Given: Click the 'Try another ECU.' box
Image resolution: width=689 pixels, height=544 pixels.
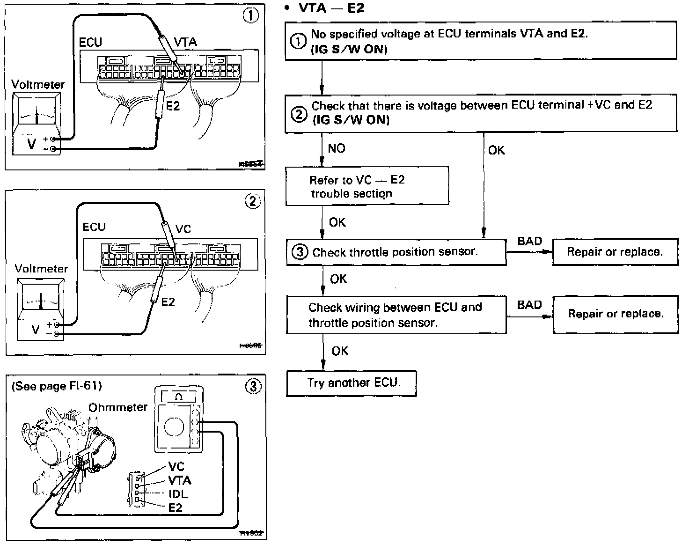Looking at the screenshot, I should point(351,383).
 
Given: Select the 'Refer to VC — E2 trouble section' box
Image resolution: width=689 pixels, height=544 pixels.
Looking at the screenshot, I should point(367,186).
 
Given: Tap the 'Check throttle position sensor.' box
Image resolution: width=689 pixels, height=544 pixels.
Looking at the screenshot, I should point(396,252).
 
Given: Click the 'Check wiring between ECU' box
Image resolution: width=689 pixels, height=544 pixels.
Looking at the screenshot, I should point(396,315).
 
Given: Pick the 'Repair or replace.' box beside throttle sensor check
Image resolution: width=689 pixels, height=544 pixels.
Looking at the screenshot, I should point(615,252).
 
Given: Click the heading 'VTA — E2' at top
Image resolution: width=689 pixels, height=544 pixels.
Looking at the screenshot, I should point(331,8).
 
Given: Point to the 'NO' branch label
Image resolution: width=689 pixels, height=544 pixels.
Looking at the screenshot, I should point(337,148).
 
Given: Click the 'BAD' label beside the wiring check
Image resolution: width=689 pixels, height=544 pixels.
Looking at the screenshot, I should point(529,305).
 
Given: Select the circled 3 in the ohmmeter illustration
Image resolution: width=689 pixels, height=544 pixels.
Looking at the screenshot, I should point(253,387).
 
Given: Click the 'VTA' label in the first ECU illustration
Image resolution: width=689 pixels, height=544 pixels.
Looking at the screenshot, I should point(185,42).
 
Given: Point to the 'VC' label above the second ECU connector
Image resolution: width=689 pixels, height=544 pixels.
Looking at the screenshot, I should point(183,229).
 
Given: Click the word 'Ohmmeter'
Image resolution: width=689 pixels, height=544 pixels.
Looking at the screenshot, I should point(118,407).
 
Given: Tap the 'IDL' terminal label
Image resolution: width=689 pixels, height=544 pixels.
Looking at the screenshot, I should point(178,494).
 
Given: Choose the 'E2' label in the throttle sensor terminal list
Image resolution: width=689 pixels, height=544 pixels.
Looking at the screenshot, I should point(175,507).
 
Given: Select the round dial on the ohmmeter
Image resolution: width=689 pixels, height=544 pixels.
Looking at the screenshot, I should point(175,428).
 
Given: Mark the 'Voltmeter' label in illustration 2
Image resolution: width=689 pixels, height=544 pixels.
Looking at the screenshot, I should point(41,269).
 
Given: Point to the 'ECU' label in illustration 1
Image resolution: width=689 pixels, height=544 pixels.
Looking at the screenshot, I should point(90,42).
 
